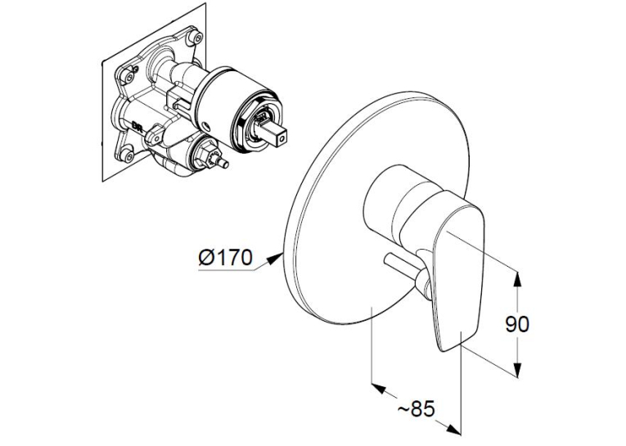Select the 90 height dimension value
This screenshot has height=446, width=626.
pos(516,324)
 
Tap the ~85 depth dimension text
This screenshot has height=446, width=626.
pos(416,408)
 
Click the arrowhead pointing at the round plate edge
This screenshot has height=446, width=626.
pos(275,258)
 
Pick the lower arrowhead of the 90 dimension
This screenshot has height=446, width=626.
pos(517,369)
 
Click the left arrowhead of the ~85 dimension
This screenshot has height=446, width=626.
pos(379,388)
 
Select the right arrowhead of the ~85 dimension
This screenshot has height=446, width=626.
pos(453,430)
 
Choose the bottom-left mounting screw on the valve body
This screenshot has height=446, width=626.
pos(127,155)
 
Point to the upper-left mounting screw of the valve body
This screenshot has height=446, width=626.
pos(128,76)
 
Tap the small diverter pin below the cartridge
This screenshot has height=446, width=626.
pos(223,163)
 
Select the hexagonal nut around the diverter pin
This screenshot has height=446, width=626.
pos(205,154)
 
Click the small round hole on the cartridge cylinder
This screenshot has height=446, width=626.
pos(207,128)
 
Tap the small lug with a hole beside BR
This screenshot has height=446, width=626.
pos(154,133)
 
